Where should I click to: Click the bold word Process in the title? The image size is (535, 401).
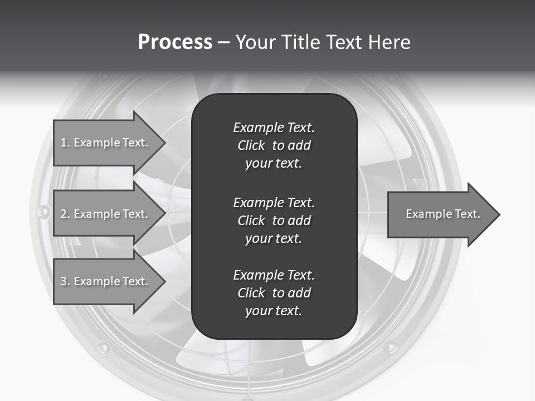[x=175, y=42]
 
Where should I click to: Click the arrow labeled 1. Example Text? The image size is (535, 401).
[x=106, y=143]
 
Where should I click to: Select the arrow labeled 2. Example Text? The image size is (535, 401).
[x=106, y=214]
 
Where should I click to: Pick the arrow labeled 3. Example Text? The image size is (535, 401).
[x=106, y=281]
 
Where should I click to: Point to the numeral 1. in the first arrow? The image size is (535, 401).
[x=65, y=143]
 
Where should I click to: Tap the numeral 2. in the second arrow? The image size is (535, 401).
[x=65, y=214]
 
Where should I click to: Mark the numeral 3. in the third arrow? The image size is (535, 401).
[x=65, y=281]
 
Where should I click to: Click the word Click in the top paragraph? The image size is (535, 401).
[x=251, y=145]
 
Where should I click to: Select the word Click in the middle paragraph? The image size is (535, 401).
[x=251, y=221]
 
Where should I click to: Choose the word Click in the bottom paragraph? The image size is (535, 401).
[x=251, y=293]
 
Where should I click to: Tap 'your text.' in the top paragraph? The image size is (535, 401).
[x=274, y=164]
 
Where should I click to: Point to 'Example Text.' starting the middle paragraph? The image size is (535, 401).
[x=274, y=202]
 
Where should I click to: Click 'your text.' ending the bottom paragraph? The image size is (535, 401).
[x=274, y=311]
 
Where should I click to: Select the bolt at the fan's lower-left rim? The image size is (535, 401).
[x=104, y=348]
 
